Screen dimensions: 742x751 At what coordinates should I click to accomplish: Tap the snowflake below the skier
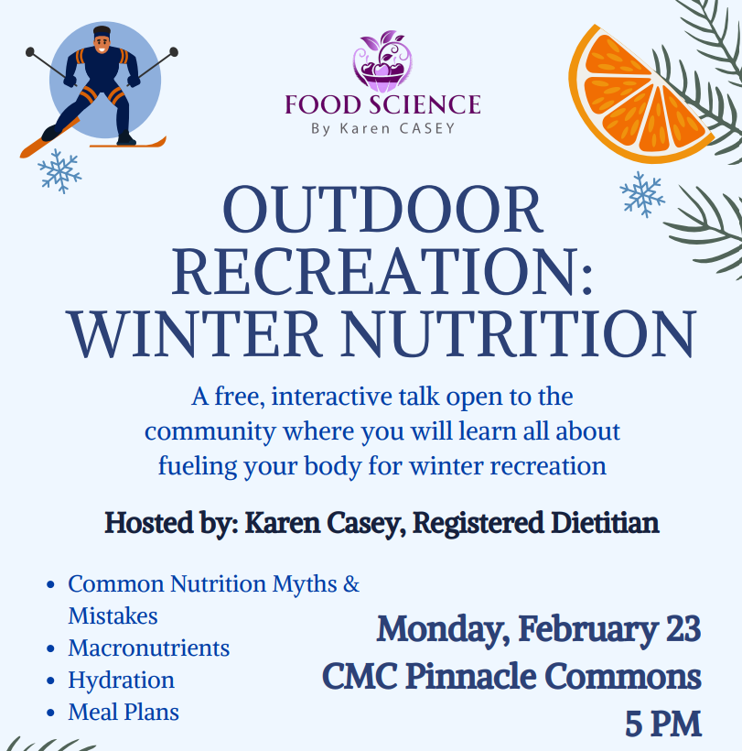[59, 171]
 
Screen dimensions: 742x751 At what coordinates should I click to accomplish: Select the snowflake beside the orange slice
[642, 194]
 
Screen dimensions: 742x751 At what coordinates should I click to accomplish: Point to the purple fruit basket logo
[382, 61]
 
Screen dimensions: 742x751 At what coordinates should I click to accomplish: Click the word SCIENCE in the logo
[425, 105]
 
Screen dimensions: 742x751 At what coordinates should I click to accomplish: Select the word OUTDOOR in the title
[382, 210]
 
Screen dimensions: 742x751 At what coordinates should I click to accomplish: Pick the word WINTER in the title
[195, 334]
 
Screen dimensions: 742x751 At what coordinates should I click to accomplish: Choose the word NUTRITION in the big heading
[518, 334]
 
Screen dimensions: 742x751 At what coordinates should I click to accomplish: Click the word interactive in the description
[353, 397]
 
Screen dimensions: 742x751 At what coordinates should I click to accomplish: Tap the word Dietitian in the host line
[605, 523]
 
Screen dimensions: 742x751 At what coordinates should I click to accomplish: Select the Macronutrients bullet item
[149, 648]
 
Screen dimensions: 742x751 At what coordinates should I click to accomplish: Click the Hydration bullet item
[121, 680]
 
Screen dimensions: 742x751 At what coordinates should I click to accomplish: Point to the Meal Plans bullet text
[124, 713]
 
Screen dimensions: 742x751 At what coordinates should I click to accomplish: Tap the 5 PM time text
[663, 724]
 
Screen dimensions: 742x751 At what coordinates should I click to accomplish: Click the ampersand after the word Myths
[351, 583]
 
